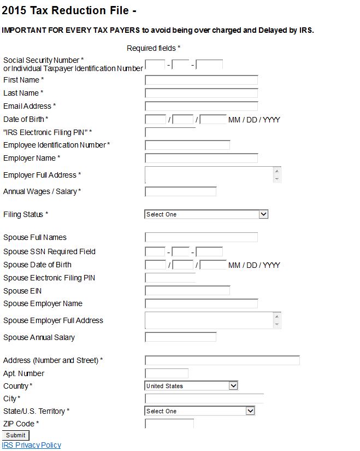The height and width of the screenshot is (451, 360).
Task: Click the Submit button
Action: pos(16,435)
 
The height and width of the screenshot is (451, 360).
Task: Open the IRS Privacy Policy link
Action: pos(32,445)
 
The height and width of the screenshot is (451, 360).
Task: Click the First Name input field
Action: pos(201,80)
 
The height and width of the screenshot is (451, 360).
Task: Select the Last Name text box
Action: pos(201,93)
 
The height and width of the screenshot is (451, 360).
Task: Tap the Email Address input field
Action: pos(201,106)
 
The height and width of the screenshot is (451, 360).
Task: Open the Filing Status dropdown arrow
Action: pos(263,214)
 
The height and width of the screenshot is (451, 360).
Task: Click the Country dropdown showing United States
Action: pos(191,386)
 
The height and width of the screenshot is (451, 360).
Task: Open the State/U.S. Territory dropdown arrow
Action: pos(250,411)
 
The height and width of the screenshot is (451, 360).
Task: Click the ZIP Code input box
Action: pos(169,424)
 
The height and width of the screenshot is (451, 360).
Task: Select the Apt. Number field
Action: pos(167,373)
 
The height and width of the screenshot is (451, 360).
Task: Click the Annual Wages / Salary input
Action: pos(181,191)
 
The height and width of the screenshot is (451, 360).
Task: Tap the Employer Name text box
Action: pos(201,158)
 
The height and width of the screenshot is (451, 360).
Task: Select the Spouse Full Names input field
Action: pos(201,237)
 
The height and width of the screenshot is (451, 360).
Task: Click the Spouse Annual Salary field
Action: pos(181,337)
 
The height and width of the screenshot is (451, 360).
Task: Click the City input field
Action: pos(204,399)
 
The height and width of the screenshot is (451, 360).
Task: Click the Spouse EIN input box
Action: pos(187,291)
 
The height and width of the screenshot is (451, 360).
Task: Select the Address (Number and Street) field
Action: pos(222,360)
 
